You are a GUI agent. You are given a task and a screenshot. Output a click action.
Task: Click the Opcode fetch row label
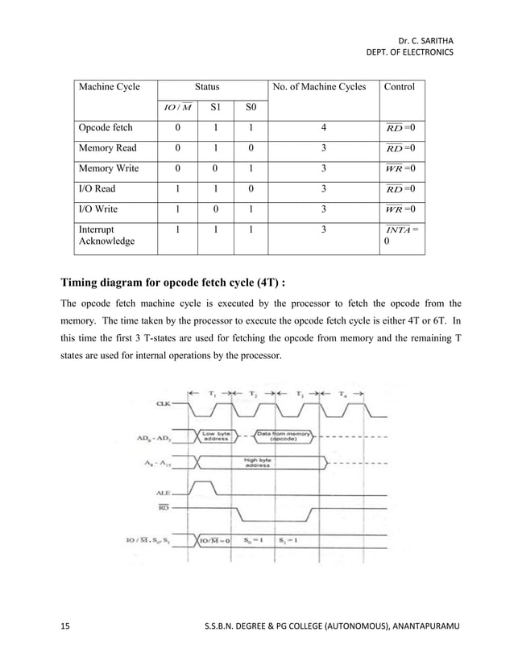pos(106,127)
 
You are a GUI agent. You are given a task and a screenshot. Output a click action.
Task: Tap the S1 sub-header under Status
pos(214,106)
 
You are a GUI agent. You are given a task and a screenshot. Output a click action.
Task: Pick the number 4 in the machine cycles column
pos(322,127)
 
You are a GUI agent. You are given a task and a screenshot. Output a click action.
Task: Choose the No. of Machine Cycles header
pos(322,86)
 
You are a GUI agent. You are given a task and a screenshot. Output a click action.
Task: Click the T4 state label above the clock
pos(345,393)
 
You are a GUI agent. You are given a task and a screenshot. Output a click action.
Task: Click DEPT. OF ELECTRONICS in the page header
pos(409,52)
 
